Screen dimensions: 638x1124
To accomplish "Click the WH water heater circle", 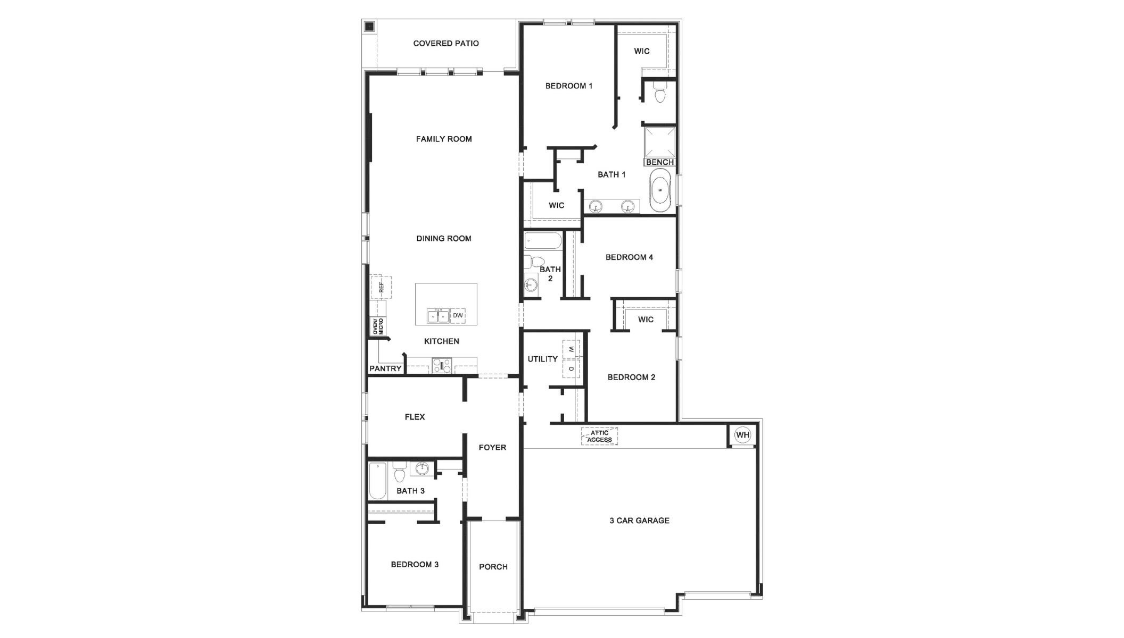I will (742, 435).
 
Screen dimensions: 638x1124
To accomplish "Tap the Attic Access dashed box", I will (599, 436).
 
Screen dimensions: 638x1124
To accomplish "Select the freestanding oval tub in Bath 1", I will (661, 190).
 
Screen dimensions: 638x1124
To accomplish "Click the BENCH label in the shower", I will (660, 162).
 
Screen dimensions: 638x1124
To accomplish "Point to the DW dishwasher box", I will (458, 316).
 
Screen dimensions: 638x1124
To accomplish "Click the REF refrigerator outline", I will (381, 287).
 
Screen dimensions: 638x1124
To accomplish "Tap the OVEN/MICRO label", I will (377, 326).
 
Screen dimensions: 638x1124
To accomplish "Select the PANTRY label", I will (385, 368).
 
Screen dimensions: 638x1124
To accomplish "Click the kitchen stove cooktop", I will (442, 365).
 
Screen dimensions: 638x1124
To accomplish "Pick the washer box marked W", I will (571, 349).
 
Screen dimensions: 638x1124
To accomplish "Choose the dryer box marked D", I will (571, 368).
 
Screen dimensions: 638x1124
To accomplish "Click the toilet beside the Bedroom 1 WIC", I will (660, 93).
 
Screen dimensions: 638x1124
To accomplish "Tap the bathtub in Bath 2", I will (543, 241).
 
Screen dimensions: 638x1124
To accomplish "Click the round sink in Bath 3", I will (422, 469).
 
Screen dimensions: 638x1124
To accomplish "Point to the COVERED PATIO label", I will (446, 44).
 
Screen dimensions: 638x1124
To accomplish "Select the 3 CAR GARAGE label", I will (639, 521).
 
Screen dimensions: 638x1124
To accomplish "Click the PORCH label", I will (493, 567).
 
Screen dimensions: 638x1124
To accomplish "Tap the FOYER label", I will (492, 448).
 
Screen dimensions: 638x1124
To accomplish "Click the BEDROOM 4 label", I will (629, 257).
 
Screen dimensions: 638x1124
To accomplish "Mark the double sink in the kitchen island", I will (438, 316).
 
